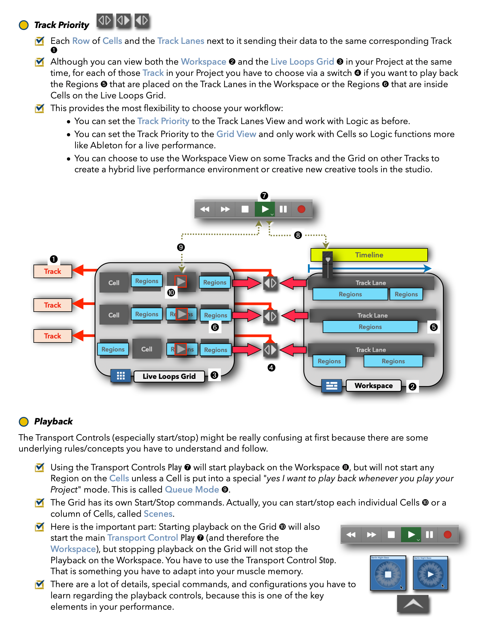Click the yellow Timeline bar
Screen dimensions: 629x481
pyautogui.click(x=369, y=255)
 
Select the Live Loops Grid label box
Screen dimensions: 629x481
pyautogui.click(x=169, y=376)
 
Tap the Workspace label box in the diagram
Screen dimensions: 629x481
pyautogui.click(x=373, y=386)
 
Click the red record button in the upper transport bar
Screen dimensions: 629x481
pyautogui.click(x=301, y=209)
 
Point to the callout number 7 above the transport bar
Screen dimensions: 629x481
pyautogui.click(x=264, y=196)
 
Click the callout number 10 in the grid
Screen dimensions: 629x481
pyautogui.click(x=171, y=293)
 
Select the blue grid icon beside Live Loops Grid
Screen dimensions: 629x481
pyautogui.click(x=121, y=376)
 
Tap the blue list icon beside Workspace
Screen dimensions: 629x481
pyautogui.click(x=332, y=386)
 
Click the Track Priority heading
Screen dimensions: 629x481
pyautogui.click(x=62, y=25)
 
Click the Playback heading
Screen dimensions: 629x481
pyautogui.click(x=53, y=422)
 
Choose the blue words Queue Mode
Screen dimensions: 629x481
pyautogui.click(x=192, y=490)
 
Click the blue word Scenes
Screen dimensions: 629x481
pyautogui.click(x=158, y=514)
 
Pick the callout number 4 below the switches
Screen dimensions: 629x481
pyautogui.click(x=271, y=368)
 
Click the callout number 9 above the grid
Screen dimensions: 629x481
pyautogui.click(x=181, y=247)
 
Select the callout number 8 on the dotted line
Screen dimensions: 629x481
pyautogui.click(x=298, y=235)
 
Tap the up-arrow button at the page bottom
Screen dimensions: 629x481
pyautogui.click(x=413, y=603)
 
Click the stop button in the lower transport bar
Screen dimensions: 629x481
pyautogui.click(x=391, y=535)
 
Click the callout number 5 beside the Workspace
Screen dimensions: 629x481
pyautogui.click(x=434, y=327)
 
